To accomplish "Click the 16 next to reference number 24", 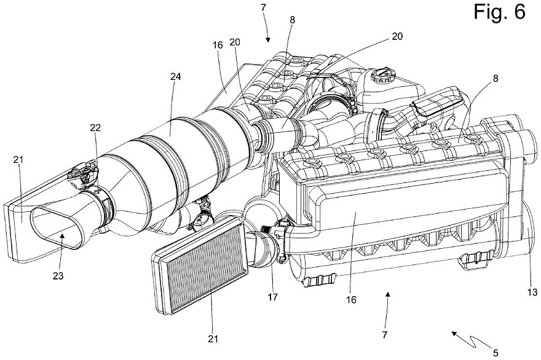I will click(218, 63).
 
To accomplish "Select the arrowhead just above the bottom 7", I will click(388, 295).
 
